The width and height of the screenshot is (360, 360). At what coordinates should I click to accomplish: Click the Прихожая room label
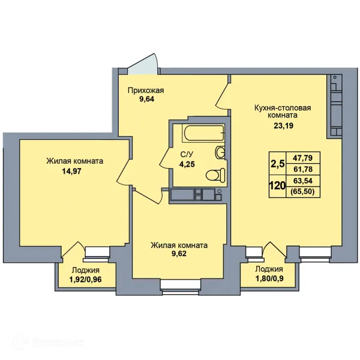click(146, 91)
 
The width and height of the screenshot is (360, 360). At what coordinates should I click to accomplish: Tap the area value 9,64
click(146, 99)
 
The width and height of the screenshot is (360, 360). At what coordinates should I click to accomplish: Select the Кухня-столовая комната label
click(283, 111)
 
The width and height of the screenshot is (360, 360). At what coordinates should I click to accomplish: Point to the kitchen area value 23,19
click(283, 125)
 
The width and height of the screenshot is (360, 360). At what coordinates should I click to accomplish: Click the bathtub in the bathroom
click(203, 133)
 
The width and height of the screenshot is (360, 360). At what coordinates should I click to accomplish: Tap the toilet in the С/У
click(215, 175)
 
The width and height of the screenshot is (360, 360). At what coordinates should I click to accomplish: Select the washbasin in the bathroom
click(220, 152)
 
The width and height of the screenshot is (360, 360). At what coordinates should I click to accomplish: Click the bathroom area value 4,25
click(187, 164)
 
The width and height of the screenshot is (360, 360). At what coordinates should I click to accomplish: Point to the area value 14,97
click(71, 171)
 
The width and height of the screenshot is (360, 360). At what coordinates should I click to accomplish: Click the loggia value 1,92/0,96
click(85, 279)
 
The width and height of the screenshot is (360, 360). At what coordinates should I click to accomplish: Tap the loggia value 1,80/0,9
click(269, 278)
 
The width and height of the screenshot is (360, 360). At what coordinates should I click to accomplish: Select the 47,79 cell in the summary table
click(303, 158)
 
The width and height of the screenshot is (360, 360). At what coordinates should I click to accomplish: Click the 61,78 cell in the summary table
click(303, 169)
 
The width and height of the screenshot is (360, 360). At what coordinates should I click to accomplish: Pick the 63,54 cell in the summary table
click(303, 181)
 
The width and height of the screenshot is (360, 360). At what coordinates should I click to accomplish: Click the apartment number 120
click(277, 185)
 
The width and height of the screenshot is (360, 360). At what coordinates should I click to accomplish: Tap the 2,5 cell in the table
click(278, 164)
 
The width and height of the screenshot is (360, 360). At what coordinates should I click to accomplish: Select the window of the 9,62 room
click(180, 287)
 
